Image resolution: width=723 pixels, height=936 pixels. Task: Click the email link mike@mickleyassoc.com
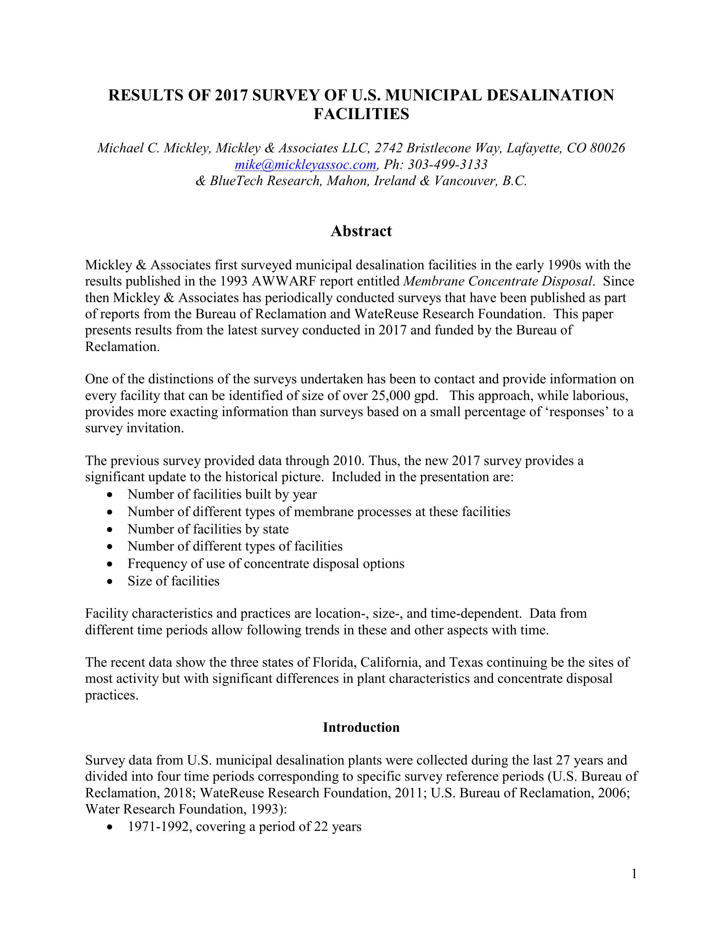(306, 165)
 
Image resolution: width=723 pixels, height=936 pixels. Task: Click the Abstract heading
(361, 231)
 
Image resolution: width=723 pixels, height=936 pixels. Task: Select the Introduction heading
(361, 727)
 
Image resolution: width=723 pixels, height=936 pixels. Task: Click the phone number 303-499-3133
(447, 165)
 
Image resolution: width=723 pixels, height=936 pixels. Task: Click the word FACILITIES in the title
(361, 114)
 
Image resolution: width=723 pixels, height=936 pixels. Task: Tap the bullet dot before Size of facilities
(111, 582)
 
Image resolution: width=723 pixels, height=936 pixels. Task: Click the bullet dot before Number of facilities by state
(111, 530)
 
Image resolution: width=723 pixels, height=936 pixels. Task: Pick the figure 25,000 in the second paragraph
(390, 396)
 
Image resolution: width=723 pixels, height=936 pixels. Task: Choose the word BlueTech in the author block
(236, 181)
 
